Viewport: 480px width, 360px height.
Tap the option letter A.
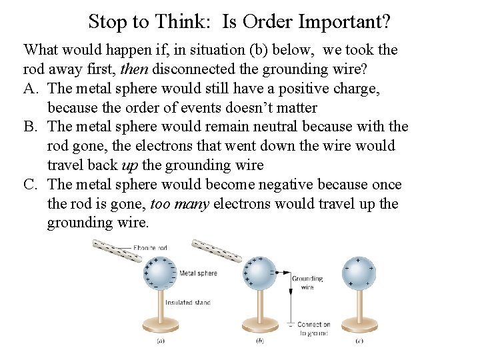coord(31,88)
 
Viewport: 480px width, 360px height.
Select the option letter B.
coord(31,126)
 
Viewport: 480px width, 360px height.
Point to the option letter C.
coord(31,184)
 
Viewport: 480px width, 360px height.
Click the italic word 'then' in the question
coord(133,69)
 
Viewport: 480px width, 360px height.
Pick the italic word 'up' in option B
coord(130,165)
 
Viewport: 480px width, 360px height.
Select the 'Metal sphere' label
coord(198,273)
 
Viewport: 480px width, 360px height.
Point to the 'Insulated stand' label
coord(188,302)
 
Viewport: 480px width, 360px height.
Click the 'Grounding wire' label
coord(307,283)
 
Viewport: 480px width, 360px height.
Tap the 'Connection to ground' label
coord(313,329)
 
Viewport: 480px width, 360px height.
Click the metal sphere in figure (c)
coord(359,274)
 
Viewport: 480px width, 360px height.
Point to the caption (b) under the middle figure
coord(260,341)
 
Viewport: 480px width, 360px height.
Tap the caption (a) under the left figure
coord(160,341)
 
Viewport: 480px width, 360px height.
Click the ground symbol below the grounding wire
coord(291,325)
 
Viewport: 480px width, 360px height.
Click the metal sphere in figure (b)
coord(260,274)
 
